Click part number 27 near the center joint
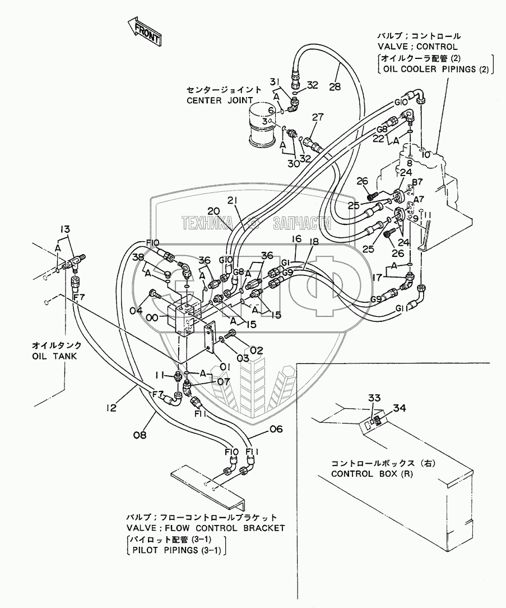(318, 117)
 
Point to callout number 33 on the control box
(374, 398)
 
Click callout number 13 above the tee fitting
(66, 228)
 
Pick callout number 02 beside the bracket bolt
(257, 350)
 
